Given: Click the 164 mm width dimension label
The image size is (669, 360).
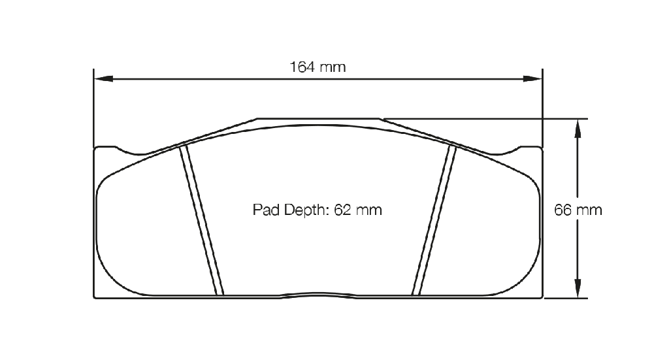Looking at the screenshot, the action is (318, 67).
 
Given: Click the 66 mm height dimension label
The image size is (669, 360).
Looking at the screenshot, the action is (578, 210).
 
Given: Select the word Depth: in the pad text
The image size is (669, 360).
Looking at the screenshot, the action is (306, 210).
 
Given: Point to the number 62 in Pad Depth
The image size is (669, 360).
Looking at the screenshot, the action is (342, 210).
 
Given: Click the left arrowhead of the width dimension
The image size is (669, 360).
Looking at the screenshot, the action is (103, 78).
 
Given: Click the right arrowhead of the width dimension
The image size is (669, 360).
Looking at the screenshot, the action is (532, 78).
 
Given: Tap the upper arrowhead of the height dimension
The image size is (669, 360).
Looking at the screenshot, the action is (578, 129).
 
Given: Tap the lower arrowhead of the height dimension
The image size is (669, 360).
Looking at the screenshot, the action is (578, 288).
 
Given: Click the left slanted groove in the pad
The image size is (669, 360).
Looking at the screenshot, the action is (201, 220).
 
